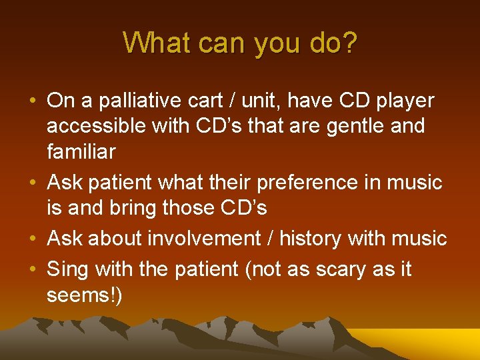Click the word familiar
[x=81, y=151]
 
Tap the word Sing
[x=68, y=270]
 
